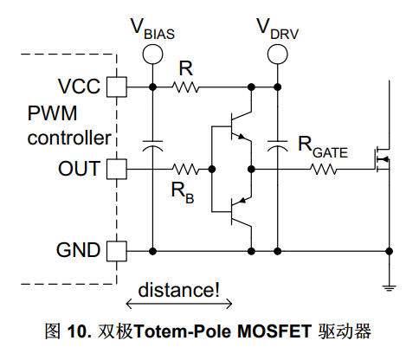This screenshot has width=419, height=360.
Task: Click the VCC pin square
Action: [x=117, y=87]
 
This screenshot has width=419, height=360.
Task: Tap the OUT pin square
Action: [x=117, y=169]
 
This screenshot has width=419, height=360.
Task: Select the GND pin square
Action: [x=117, y=251]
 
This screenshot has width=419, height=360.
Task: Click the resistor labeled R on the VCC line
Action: [x=185, y=87]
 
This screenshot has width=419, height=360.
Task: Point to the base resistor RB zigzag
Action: [x=185, y=169]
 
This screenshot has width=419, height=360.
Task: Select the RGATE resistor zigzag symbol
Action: [x=324, y=169]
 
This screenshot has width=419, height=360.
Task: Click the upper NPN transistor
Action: [x=241, y=126]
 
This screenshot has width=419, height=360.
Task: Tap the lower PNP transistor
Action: [x=241, y=212]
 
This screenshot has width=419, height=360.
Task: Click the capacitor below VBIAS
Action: [x=152, y=146]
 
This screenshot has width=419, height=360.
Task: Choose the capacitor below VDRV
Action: [x=277, y=146]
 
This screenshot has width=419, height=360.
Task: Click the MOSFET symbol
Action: [x=383, y=159]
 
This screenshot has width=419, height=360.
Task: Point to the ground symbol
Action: [x=389, y=287]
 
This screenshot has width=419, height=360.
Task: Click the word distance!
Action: [x=179, y=290]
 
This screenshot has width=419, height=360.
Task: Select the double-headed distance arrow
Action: [x=179, y=304]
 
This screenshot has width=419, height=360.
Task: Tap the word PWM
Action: [x=52, y=113]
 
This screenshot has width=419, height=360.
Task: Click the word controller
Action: [x=69, y=138]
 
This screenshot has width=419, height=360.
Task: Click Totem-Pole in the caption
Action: [x=183, y=331]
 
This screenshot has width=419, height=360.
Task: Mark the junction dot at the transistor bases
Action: [x=212, y=169]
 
